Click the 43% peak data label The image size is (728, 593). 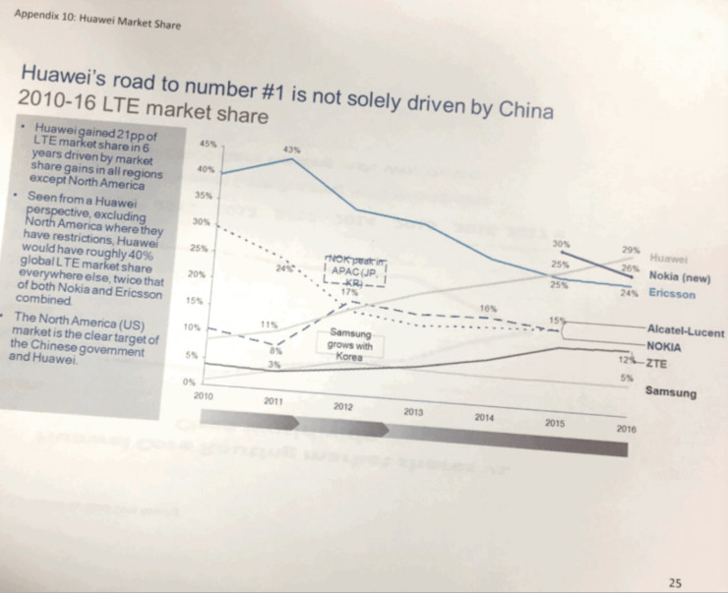click(290, 148)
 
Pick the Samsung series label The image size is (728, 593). click(670, 392)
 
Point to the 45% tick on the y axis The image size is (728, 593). click(208, 145)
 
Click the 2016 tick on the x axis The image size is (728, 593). click(626, 429)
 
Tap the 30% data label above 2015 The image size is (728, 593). click(561, 243)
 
